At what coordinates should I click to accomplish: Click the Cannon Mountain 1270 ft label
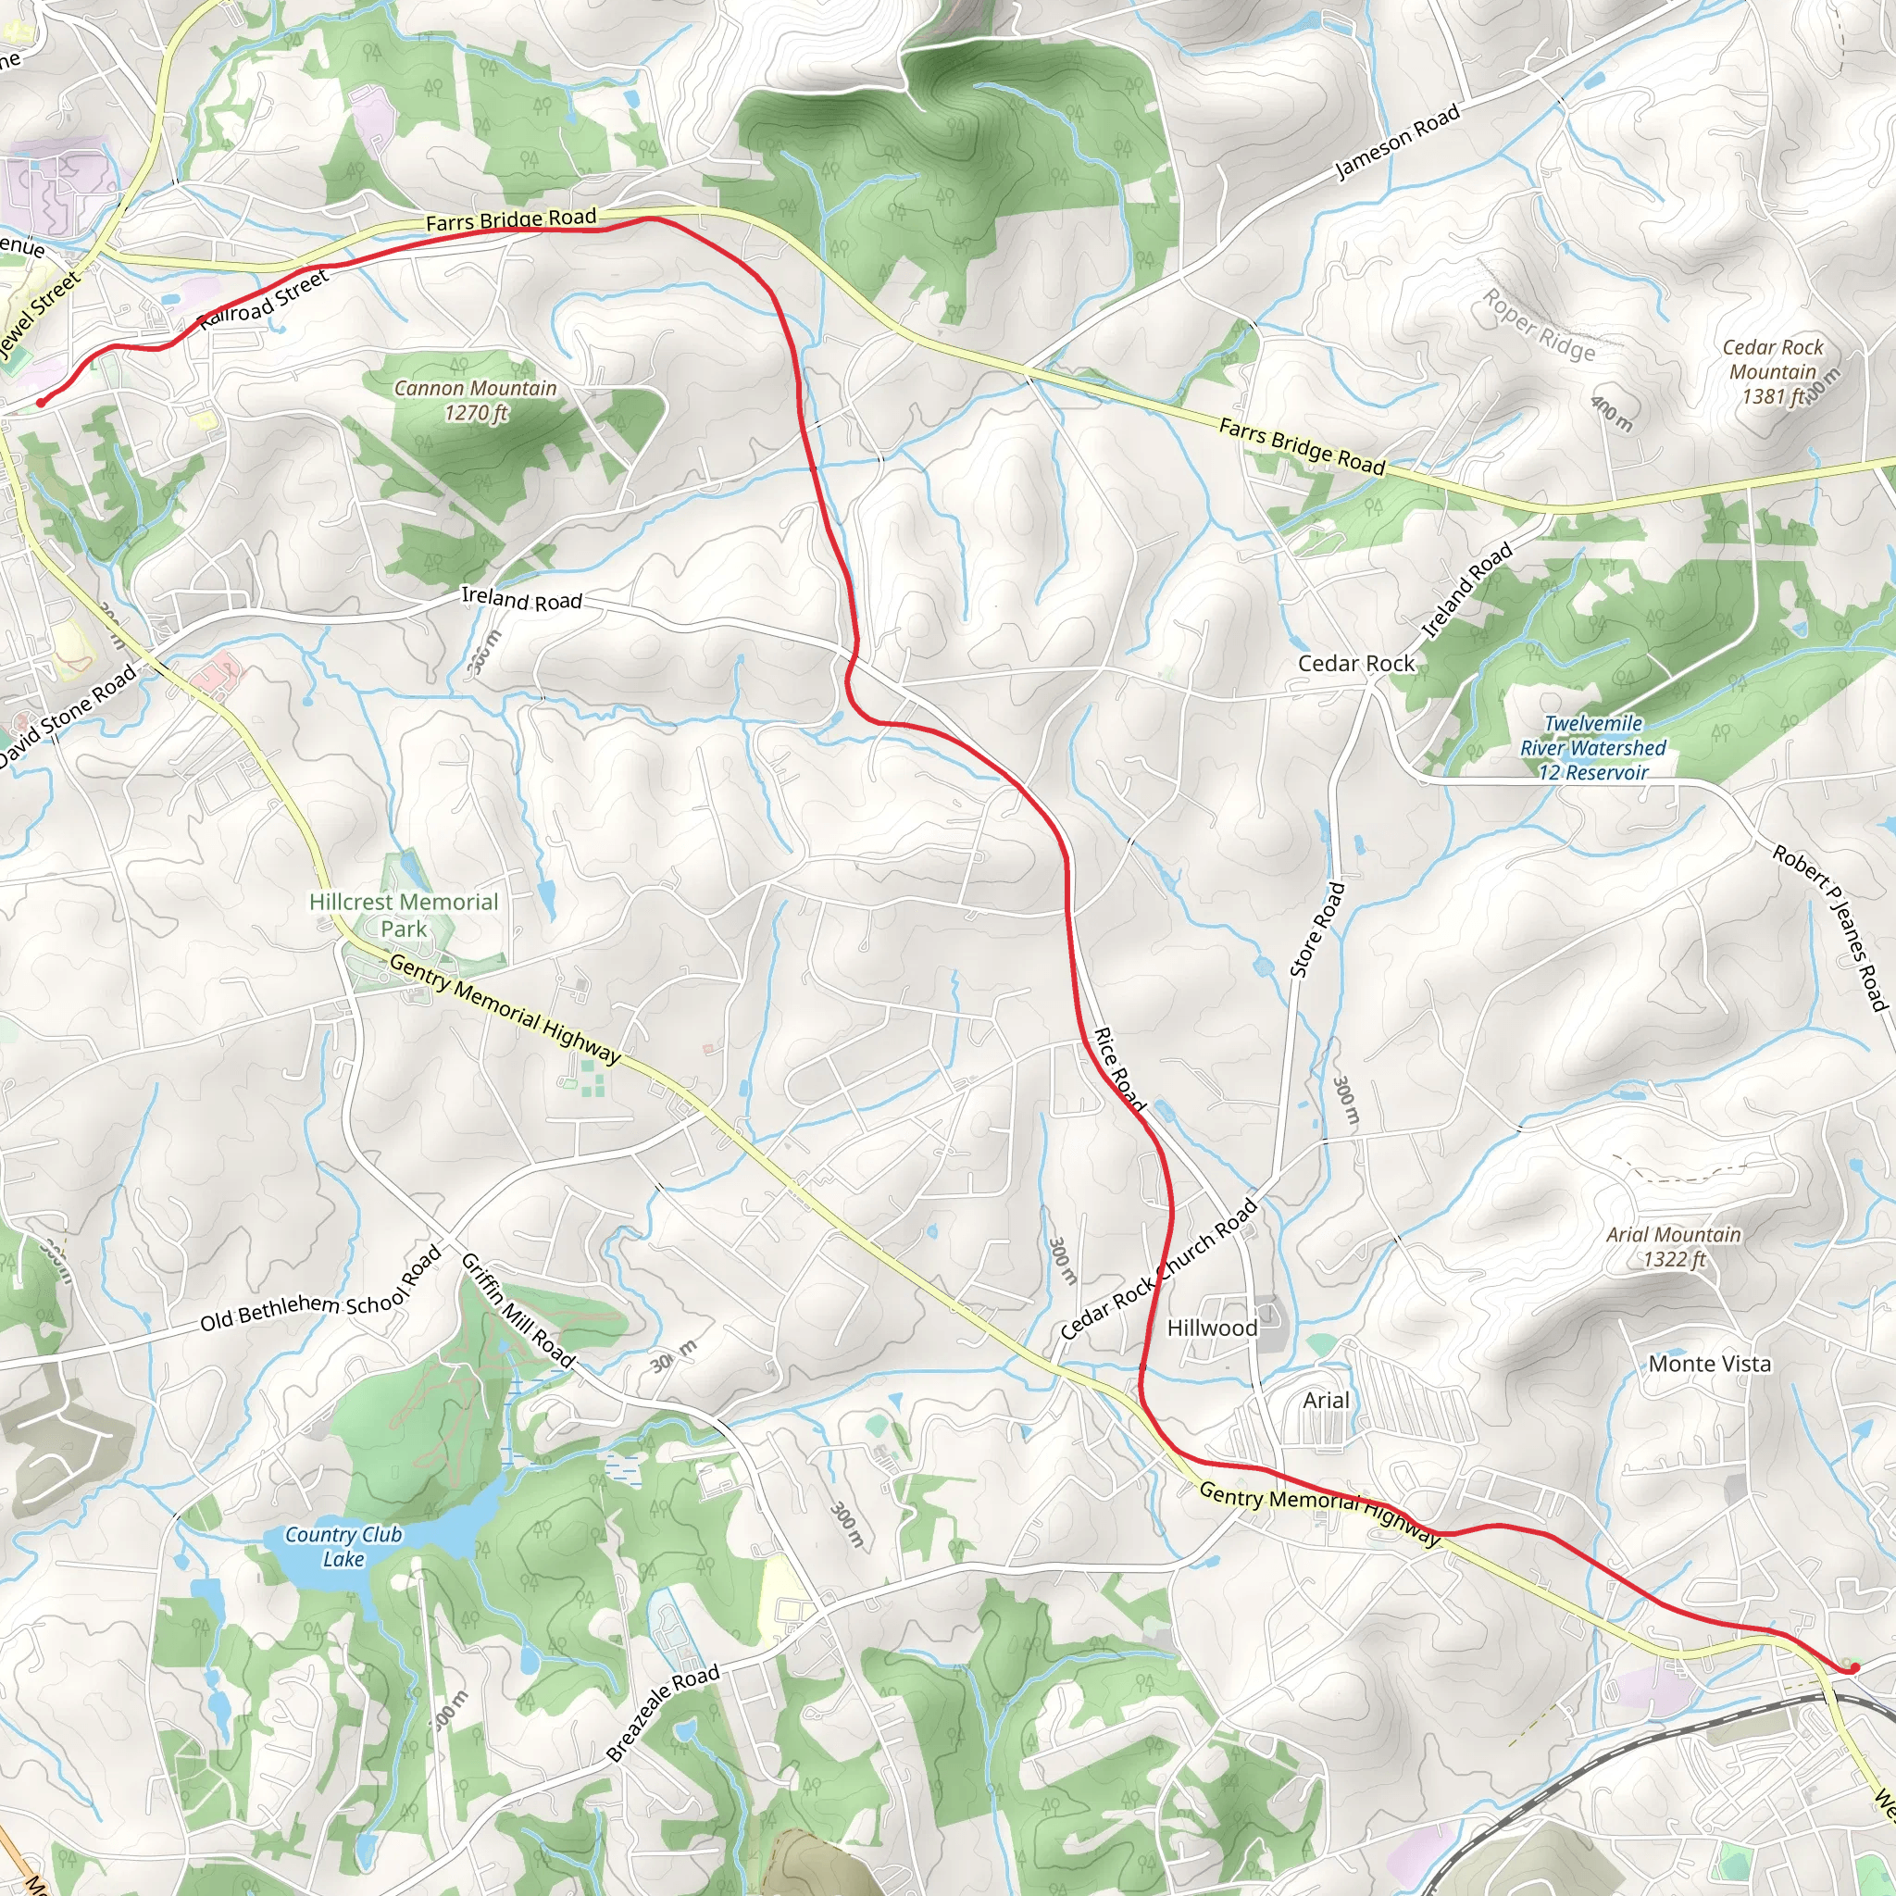[475, 400]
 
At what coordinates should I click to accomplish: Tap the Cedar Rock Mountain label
[1772, 372]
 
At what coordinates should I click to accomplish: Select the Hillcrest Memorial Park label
[404, 915]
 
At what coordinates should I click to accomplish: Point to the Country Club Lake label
[343, 1547]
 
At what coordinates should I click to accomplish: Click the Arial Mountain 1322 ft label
[1673, 1246]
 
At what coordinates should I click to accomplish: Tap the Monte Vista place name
[1710, 1363]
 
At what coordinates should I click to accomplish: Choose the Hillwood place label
[1212, 1328]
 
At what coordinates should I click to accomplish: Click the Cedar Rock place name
[1355, 664]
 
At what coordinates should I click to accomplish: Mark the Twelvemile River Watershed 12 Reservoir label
[1592, 748]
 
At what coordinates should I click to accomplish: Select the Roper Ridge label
[1538, 325]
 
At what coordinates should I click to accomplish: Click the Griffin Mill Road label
[518, 1310]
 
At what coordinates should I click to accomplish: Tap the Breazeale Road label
[663, 1713]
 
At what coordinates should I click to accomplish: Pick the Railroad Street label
[264, 300]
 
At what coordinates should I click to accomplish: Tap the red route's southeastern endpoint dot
[1853, 1667]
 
